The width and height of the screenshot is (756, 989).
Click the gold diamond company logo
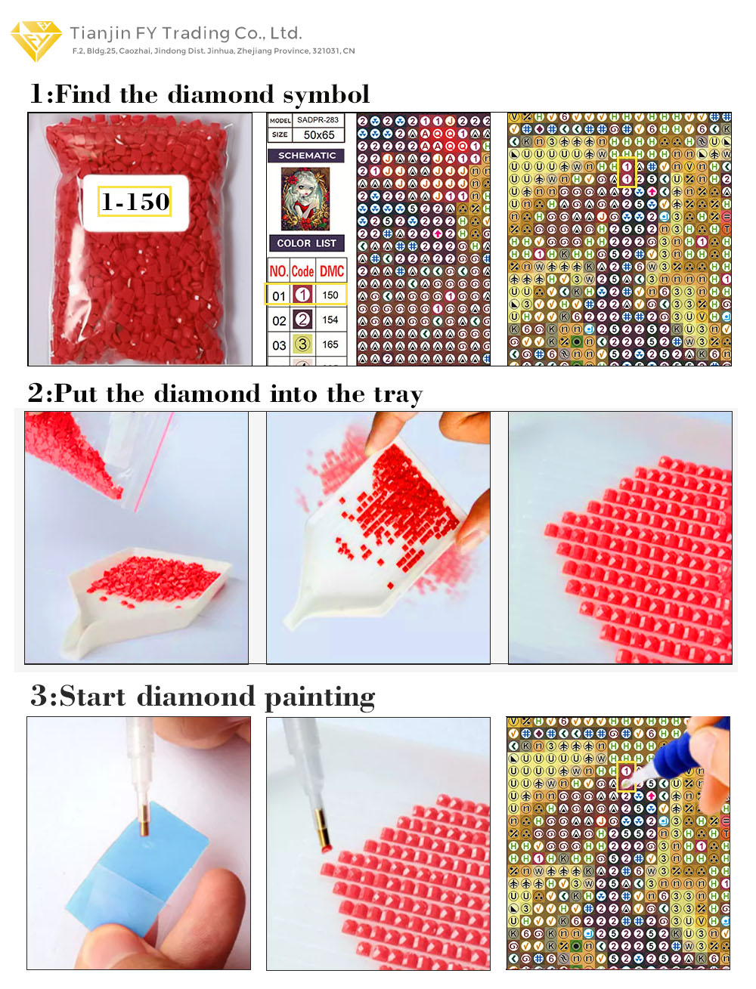coord(36,40)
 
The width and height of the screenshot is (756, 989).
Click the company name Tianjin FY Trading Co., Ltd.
coord(186,33)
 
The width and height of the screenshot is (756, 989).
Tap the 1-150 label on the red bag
coord(135,202)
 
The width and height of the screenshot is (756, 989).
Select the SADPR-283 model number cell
coord(318,120)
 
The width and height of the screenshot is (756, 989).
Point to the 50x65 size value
coord(318,135)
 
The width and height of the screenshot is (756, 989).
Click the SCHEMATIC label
coord(307,156)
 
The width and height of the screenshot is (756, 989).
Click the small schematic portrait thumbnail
coord(305,199)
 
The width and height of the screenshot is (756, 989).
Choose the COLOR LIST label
coord(306,243)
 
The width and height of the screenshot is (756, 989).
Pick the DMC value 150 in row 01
coord(330,295)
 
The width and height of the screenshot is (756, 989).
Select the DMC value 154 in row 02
coord(330,320)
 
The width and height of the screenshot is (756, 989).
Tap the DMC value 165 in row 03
coord(330,345)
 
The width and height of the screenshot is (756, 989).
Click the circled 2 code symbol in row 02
coord(302,320)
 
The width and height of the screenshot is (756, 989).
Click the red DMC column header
coord(331,271)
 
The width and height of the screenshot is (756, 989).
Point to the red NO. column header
coord(278,271)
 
